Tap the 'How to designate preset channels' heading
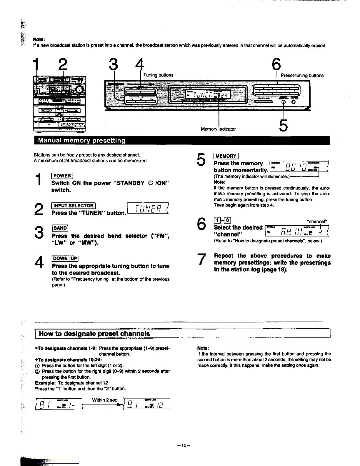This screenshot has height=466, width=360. pos(94,334)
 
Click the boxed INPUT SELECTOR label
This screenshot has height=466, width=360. pos(73,206)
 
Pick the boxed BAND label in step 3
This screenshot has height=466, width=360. pos(60,228)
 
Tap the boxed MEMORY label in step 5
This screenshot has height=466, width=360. pos(226,156)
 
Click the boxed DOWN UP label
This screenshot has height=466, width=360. pos(65,259)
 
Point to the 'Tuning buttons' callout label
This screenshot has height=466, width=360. pos(158,75)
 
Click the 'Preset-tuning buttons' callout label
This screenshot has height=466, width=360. pos(302,76)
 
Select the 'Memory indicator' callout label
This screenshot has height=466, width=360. pos(218,129)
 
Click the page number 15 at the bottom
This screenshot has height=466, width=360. pos(184,445)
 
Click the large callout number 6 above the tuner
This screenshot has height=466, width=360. pos(277,64)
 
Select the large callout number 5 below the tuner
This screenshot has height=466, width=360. pos(283,126)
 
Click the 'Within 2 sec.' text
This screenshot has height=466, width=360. pos(105,400)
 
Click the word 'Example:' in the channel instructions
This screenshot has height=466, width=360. pos(45,383)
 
